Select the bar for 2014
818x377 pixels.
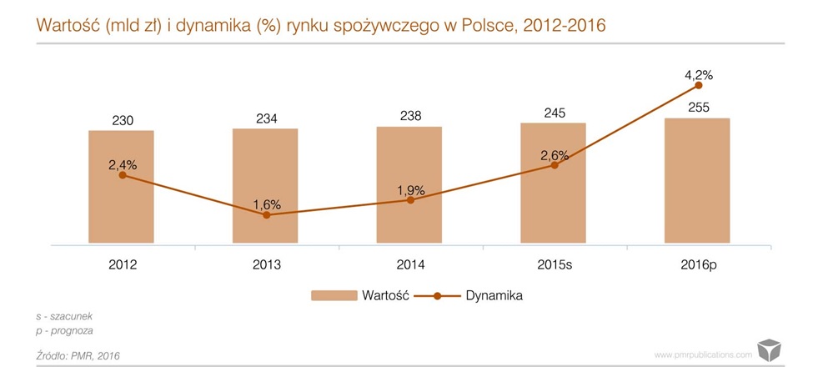(x=409, y=225)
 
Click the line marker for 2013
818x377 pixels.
(x=266, y=215)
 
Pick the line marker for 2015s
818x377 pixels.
(x=554, y=165)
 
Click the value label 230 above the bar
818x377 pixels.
(x=122, y=119)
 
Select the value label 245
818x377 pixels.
(x=554, y=113)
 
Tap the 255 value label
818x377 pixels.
(x=698, y=108)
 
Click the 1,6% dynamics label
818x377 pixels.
(x=267, y=204)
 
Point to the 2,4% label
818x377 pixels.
(x=122, y=164)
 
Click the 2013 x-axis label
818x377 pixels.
(x=266, y=265)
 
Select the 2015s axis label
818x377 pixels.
(x=554, y=265)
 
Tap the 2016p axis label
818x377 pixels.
(x=698, y=265)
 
